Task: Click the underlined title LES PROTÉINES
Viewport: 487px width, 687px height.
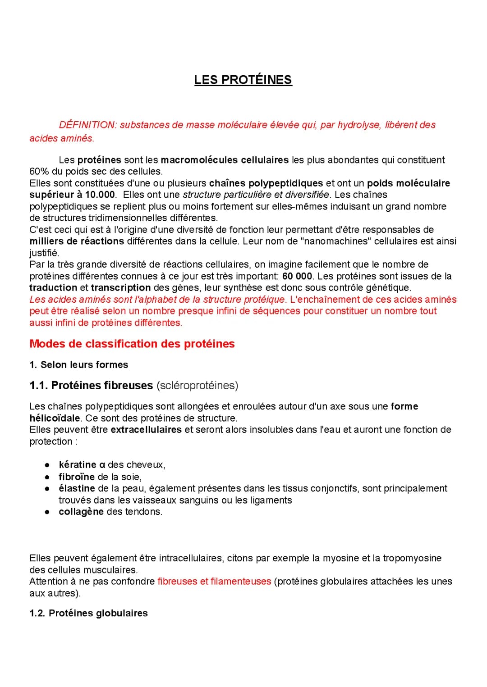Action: (243, 80)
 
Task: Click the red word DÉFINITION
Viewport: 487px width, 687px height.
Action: (87, 125)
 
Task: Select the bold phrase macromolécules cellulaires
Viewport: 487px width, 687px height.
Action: (225, 160)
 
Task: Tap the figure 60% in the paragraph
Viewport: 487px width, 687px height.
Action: (39, 172)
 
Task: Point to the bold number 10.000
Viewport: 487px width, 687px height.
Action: (100, 195)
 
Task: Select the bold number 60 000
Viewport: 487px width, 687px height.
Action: (297, 276)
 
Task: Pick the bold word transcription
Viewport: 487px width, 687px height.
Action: (121, 287)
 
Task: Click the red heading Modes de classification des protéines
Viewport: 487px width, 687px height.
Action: (132, 344)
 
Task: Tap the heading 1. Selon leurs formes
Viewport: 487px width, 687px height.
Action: (79, 365)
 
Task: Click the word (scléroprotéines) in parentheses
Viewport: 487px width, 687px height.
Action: (197, 386)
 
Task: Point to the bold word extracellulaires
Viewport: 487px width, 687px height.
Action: (146, 430)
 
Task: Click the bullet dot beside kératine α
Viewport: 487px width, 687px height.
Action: (46, 465)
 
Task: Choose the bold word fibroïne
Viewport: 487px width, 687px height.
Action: (77, 477)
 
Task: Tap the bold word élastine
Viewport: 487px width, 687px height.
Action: (77, 488)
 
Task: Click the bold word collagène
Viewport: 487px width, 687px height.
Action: (81, 512)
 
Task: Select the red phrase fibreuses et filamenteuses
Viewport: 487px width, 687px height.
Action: (214, 582)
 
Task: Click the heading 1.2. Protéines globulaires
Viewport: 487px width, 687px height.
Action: (89, 613)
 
